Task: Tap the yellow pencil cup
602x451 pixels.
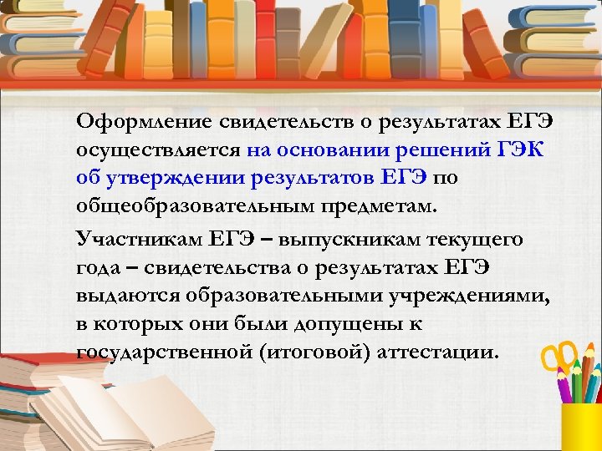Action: click(x=582, y=426)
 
